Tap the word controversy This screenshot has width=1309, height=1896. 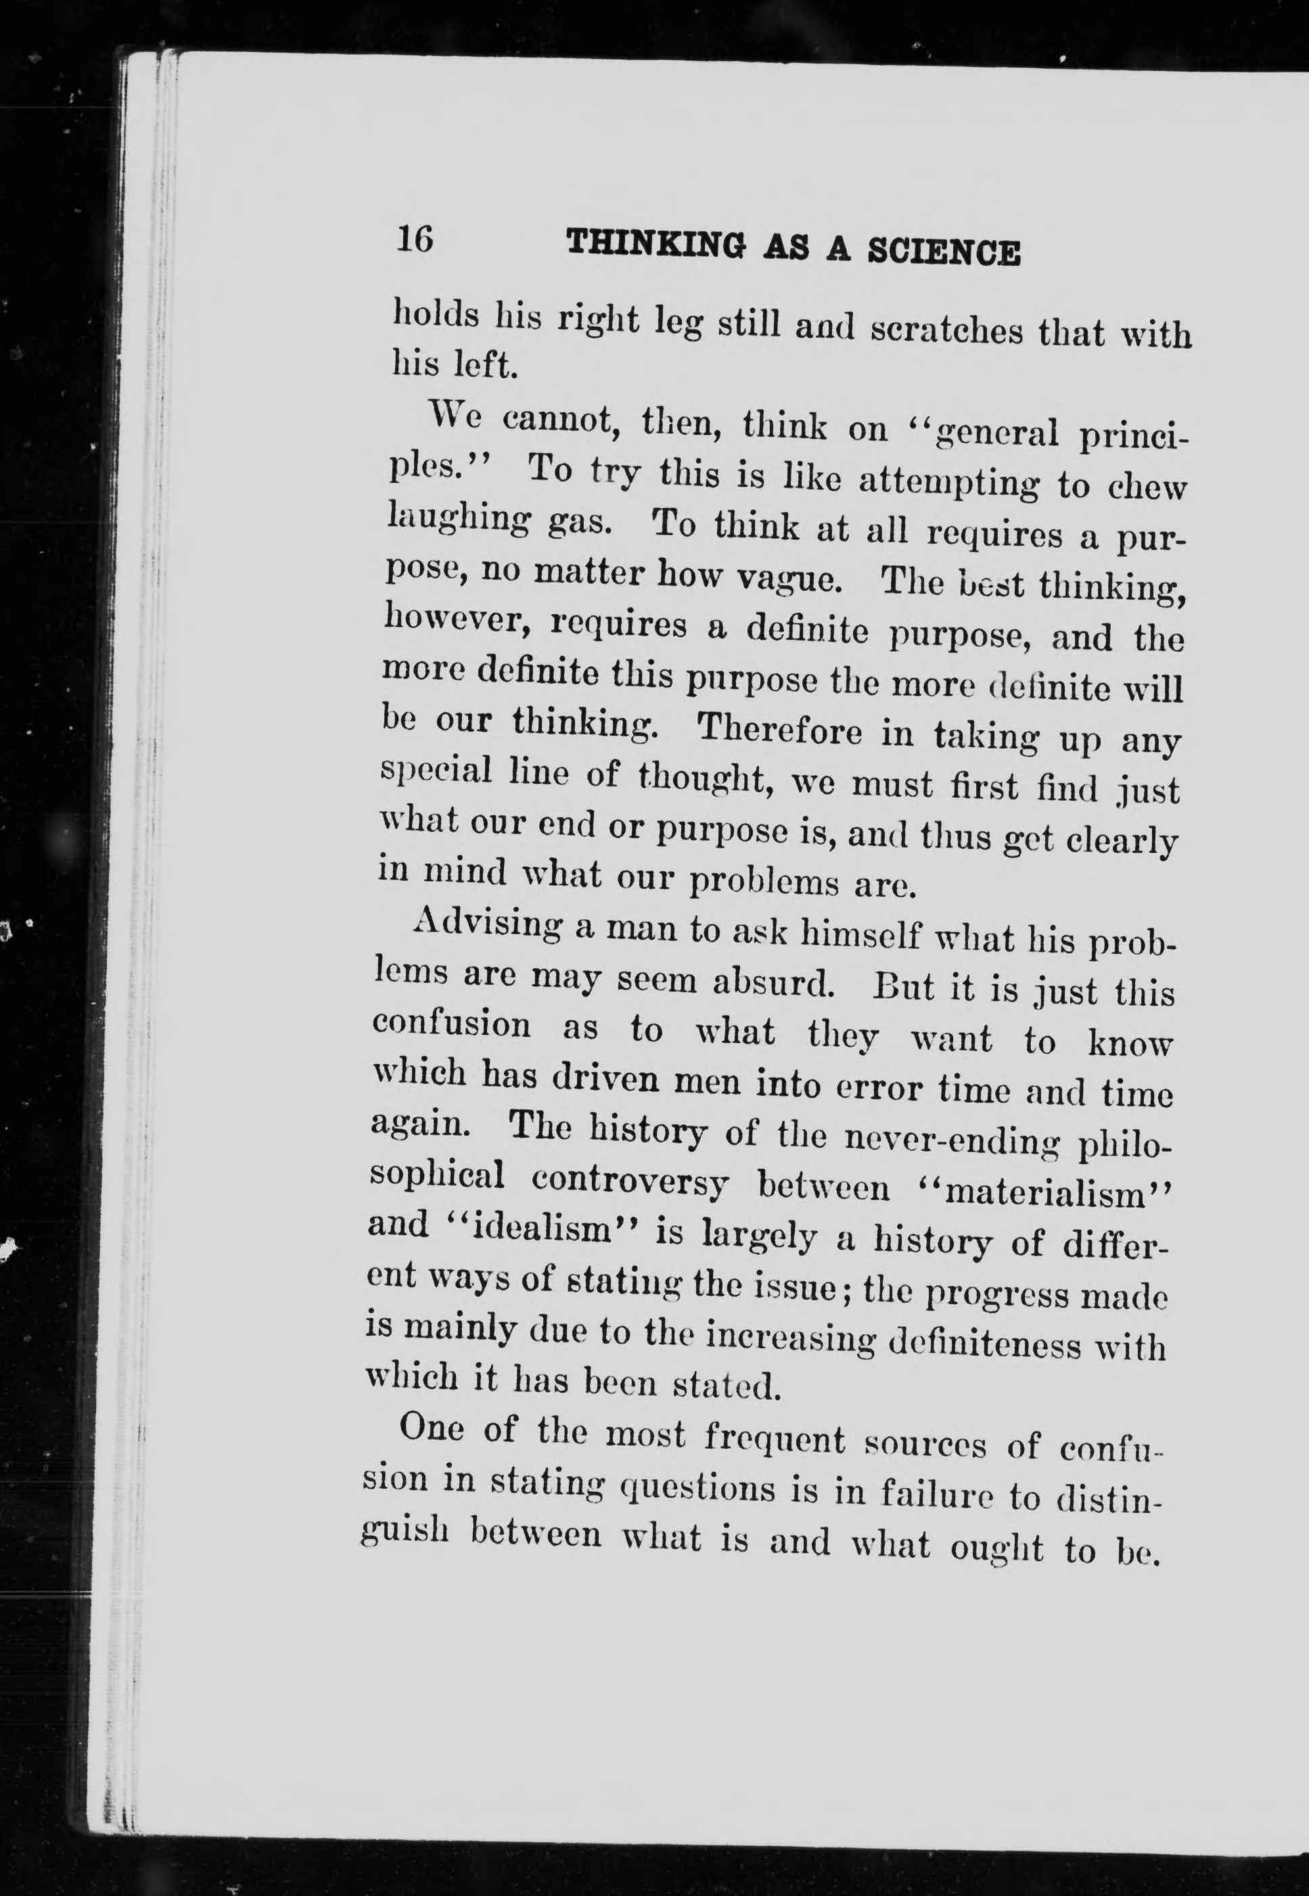coord(630,1182)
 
